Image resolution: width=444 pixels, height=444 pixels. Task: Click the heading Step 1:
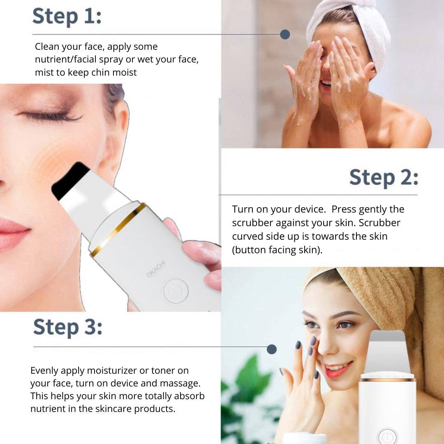pos(67,16)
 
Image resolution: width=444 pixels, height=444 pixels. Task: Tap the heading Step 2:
pos(384,178)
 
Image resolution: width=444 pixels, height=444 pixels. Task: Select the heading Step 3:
pos(68,327)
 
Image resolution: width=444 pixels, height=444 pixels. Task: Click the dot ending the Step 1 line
pos(285,35)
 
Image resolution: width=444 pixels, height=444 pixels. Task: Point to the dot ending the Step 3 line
pos(272,349)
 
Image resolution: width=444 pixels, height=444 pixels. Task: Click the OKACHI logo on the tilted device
pos(156,269)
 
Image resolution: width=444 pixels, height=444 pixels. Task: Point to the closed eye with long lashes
pos(50,116)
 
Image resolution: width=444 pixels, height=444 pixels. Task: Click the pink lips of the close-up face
pos(13,234)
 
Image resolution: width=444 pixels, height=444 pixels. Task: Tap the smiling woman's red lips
pos(338,369)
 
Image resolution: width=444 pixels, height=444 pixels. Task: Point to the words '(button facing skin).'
pos(277,250)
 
